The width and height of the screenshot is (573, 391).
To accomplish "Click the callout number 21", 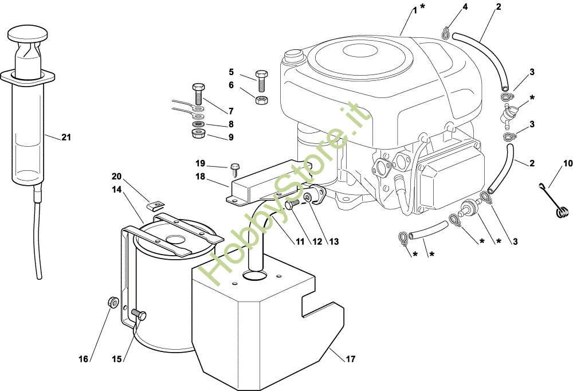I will click(x=66, y=137).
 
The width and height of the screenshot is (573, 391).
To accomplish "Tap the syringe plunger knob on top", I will click(x=28, y=32).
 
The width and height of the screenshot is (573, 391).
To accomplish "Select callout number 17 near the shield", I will click(x=350, y=359).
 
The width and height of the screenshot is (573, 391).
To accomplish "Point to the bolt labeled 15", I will click(x=140, y=314).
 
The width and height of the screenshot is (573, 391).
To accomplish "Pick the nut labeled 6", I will click(x=260, y=99).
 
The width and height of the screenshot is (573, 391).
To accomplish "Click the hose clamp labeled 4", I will click(x=445, y=32).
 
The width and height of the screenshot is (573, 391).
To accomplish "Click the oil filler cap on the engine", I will click(x=293, y=56).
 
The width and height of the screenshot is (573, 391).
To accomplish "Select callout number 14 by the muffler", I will click(x=117, y=188).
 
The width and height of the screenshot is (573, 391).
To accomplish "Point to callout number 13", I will click(x=333, y=241).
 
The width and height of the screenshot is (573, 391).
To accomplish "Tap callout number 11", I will click(x=300, y=241).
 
